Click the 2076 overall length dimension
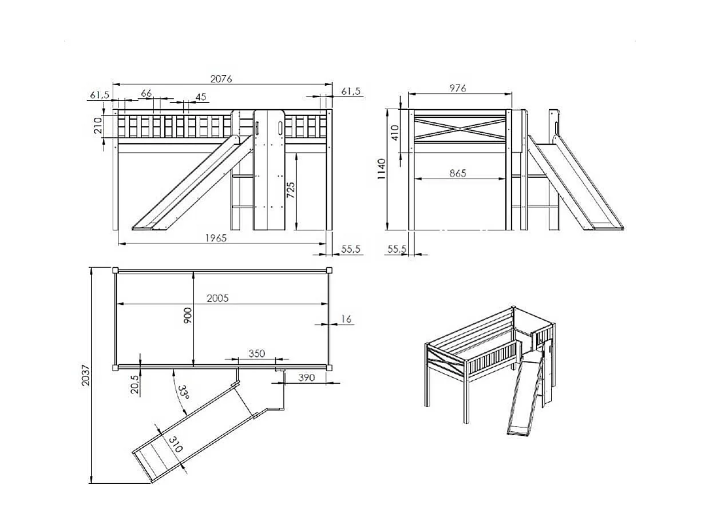pyautogui.click(x=221, y=79)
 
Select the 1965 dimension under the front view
pyautogui.click(x=217, y=238)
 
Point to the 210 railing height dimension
pyautogui.click(x=97, y=125)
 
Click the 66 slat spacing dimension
pyautogui.click(x=146, y=93)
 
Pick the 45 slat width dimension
pyautogui.click(x=201, y=97)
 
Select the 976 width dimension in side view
pyautogui.click(x=457, y=88)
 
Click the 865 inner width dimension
pyautogui.click(x=457, y=173)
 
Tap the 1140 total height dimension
pyautogui.click(x=382, y=169)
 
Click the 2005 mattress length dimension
pyautogui.click(x=217, y=298)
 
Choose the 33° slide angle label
pyautogui.click(x=183, y=395)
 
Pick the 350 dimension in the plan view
pyautogui.click(x=257, y=353)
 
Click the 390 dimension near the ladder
pyautogui.click(x=307, y=377)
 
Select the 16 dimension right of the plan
pyautogui.click(x=346, y=319)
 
